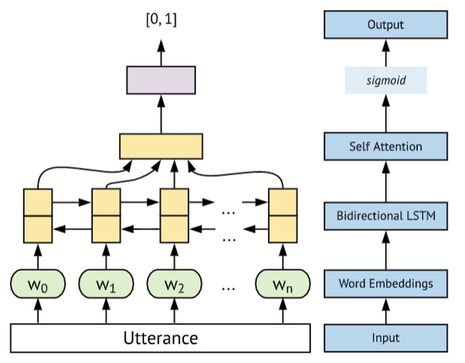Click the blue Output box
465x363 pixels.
pyautogui.click(x=385, y=25)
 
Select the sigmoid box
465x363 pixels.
pyautogui.click(x=385, y=80)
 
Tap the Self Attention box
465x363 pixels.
pyautogui.click(x=385, y=146)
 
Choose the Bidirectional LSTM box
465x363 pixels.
pyautogui.click(x=385, y=215)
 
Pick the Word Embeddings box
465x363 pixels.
pyautogui.click(x=385, y=283)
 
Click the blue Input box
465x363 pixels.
pyautogui.click(x=385, y=337)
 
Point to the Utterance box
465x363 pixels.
pyautogui.click(x=161, y=338)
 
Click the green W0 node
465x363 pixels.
pyautogui.click(x=37, y=284)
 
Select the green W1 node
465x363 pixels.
pyautogui.click(x=106, y=284)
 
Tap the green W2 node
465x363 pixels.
pyautogui.click(x=174, y=284)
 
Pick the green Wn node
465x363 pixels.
pyautogui.click(x=282, y=284)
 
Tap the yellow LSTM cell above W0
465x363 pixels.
pyautogui.click(x=37, y=215)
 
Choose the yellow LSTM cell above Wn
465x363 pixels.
pyautogui.click(x=282, y=215)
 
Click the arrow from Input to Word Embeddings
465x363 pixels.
pyautogui.click(x=385, y=311)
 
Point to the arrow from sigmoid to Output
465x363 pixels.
pyautogui.click(x=385, y=53)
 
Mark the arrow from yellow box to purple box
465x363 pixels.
pyautogui.click(x=161, y=114)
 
